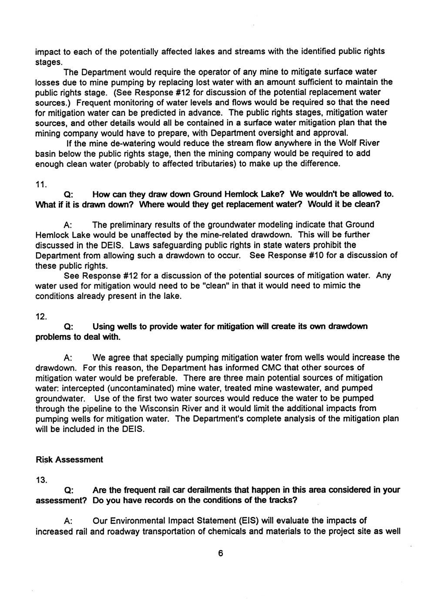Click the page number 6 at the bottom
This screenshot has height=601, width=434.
(220, 554)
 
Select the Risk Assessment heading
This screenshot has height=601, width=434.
(69, 460)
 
